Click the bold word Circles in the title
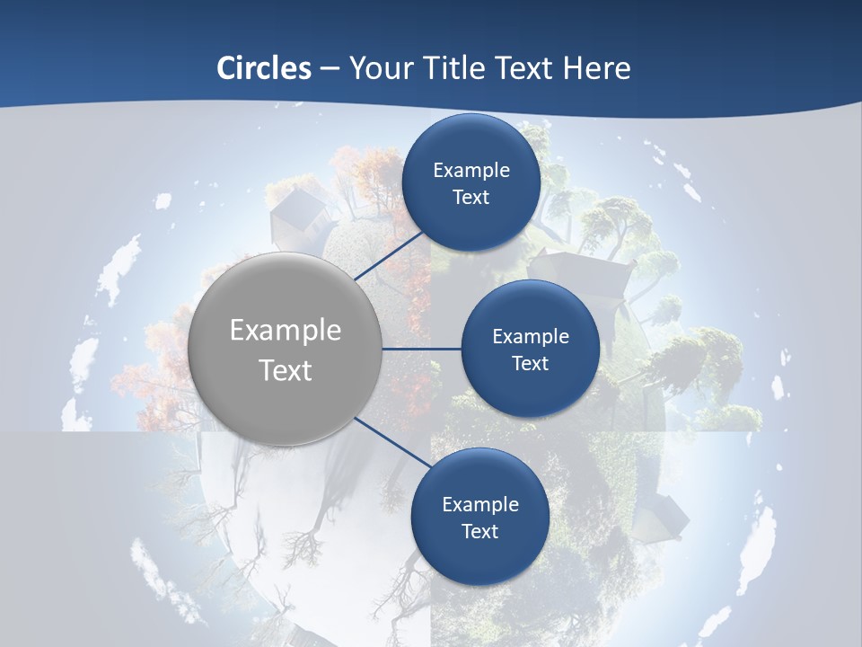264,68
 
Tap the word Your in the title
378,68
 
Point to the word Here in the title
596,68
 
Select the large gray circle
285,349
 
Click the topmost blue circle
471,182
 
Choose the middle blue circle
530,349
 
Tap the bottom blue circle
479,517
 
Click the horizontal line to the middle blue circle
421,349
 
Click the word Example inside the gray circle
285,331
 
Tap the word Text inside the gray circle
285,370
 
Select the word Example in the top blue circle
471,171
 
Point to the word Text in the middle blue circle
530,363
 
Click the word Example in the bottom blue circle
479,505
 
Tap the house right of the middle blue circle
584,279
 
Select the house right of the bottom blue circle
660,517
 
